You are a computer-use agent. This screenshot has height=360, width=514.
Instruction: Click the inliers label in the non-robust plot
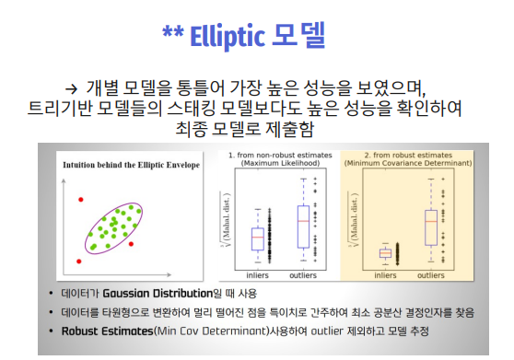click(x=257, y=274)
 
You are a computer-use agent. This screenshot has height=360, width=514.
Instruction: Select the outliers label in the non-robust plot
click(x=306, y=274)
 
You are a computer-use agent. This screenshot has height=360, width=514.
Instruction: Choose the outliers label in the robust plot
click(x=430, y=274)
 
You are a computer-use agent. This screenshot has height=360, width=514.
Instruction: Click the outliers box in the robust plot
click(x=430, y=226)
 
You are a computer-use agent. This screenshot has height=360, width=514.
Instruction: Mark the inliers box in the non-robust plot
click(x=257, y=238)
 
